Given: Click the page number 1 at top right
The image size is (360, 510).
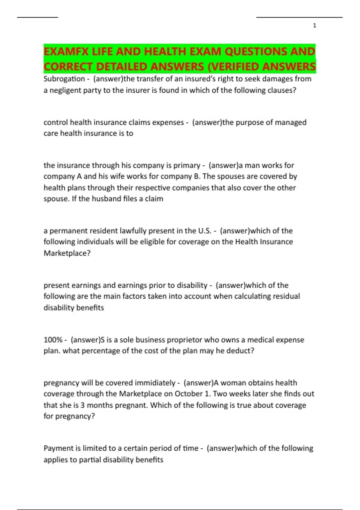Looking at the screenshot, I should (314, 26).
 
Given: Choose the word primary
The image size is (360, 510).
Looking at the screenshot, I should (187, 165).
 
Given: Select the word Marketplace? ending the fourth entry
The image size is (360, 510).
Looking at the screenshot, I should (67, 253).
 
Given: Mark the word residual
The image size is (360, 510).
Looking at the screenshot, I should (286, 296).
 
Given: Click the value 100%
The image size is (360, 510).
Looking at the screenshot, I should (53, 340).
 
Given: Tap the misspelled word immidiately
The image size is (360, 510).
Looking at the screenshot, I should (154, 383).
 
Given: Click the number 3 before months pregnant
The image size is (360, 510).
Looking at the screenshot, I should (82, 405).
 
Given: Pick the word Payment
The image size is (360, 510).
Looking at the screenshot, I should (58, 448).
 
